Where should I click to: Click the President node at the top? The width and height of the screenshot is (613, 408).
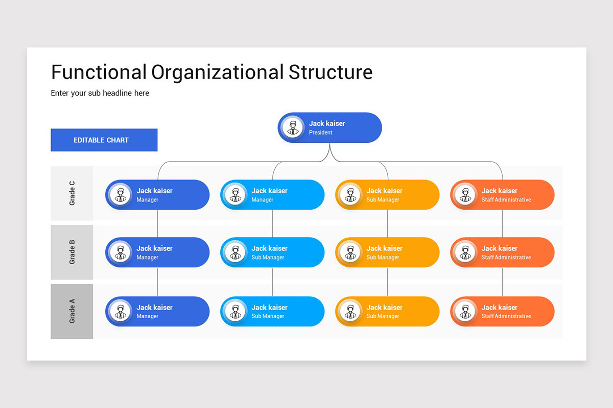tap(330, 127)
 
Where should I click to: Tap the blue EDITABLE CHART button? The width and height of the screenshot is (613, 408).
tap(104, 140)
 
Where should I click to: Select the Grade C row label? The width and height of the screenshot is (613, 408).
tap(72, 193)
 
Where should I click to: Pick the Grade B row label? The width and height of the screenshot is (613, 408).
tap(72, 252)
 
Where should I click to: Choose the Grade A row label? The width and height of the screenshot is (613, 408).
tap(72, 311)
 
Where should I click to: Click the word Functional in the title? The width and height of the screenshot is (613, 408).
tap(99, 72)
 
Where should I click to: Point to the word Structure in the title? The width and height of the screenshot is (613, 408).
tap(331, 72)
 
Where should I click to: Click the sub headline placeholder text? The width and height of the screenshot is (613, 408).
tap(100, 93)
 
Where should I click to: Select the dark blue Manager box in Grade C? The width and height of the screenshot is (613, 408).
tap(157, 195)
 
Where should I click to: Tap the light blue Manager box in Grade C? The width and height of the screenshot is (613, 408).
tap(272, 195)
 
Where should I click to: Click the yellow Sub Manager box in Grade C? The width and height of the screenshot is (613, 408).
tap(387, 195)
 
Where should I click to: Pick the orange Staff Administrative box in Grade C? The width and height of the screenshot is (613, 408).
tap(502, 195)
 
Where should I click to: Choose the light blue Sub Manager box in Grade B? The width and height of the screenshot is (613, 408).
tap(272, 252)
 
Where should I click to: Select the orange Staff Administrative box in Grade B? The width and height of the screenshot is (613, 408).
tap(502, 252)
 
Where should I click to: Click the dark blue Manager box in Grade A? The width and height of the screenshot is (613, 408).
tap(157, 311)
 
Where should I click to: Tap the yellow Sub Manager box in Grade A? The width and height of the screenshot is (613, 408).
tap(387, 311)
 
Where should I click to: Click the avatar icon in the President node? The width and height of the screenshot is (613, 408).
tap(293, 127)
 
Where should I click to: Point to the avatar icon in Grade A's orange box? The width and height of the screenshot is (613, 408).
tap(465, 311)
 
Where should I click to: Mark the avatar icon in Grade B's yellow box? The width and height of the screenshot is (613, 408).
tap(350, 252)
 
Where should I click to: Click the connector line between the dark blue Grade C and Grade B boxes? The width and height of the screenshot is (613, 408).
tap(157, 223)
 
